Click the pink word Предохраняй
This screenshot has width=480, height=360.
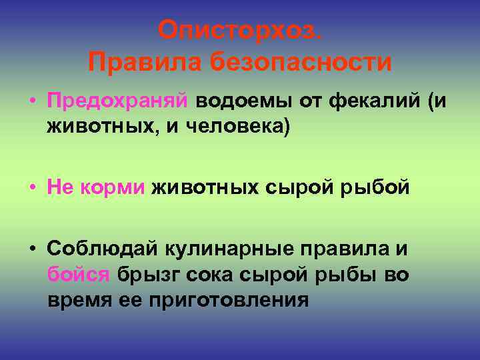[117, 101]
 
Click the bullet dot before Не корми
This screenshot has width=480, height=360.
[33, 188]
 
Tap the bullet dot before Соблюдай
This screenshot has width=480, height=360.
[33, 249]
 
